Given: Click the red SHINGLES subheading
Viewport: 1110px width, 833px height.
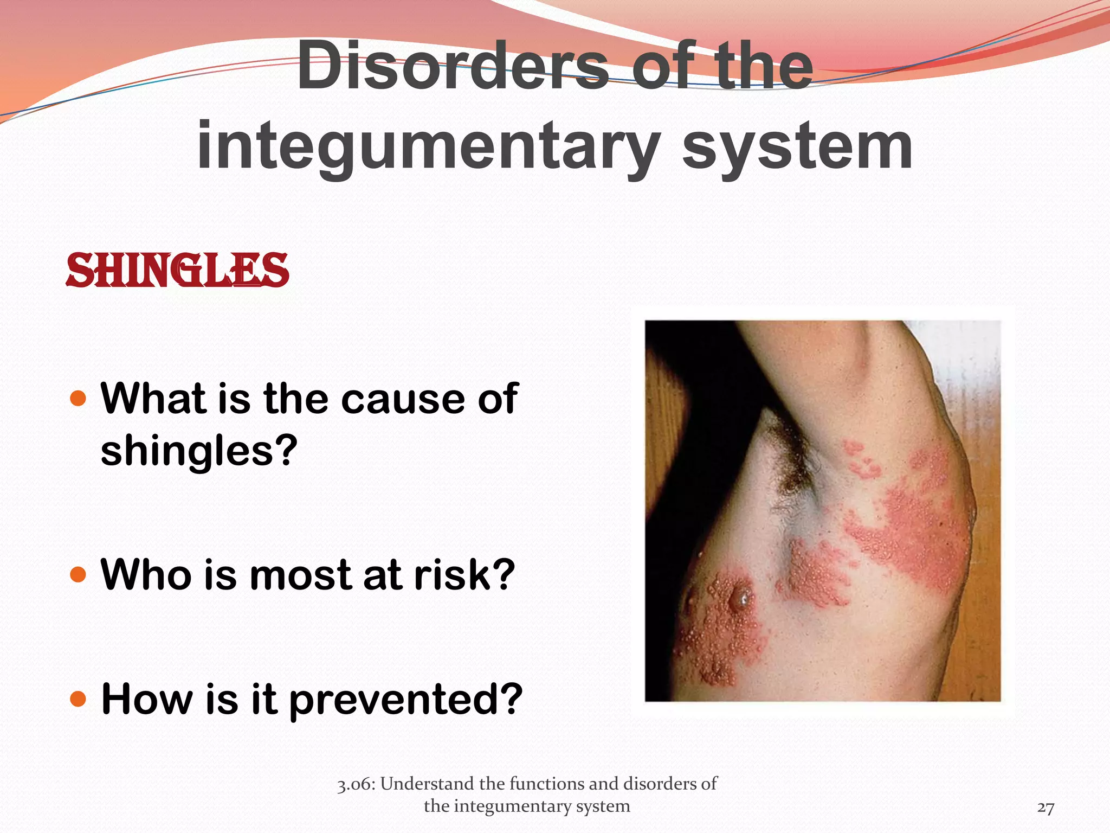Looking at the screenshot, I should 177,270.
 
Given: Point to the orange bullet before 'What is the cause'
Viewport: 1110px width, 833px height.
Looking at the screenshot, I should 79,399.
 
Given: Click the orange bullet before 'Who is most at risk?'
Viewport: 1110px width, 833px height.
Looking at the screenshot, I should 79,574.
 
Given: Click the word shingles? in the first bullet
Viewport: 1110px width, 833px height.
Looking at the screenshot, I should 199,451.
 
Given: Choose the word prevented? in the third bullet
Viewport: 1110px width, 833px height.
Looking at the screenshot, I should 406,700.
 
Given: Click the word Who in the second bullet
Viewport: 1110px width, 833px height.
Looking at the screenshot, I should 145,574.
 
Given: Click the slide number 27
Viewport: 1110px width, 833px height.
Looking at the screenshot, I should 1046,808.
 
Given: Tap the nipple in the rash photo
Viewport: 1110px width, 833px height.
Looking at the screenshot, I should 741,598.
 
